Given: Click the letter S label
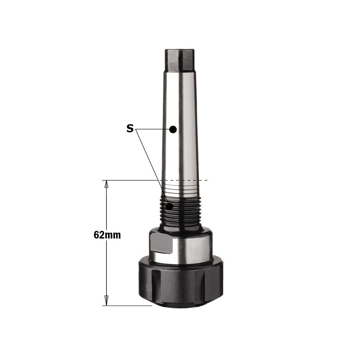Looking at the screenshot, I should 130,129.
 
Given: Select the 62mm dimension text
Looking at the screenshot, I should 107,234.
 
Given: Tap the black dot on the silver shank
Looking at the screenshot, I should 172,129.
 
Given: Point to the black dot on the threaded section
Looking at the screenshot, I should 170,206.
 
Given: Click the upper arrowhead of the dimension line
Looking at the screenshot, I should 107,184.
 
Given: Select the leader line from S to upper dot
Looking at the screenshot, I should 153,129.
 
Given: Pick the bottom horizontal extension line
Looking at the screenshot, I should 128,306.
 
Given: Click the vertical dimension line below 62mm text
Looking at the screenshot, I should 107,270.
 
